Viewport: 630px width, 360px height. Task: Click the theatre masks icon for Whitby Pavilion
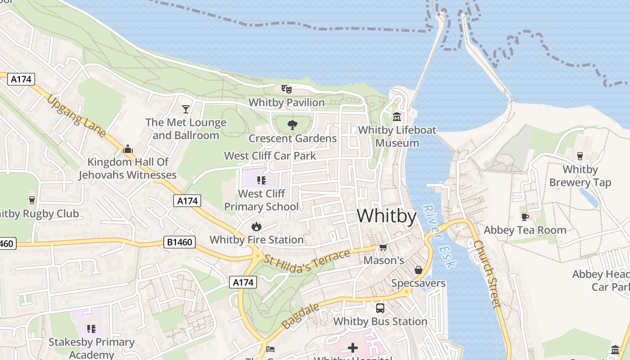coord(286,89)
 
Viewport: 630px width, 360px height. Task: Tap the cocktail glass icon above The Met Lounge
coord(185,109)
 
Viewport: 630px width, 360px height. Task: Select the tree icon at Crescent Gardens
coord(292,125)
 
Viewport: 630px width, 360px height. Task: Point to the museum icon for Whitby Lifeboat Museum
coord(397,117)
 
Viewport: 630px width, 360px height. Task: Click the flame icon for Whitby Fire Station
coord(256,226)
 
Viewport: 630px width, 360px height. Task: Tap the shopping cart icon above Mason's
coord(383,247)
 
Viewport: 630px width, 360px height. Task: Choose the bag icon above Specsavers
coord(418,270)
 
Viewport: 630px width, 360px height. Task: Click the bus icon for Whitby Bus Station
coord(380,308)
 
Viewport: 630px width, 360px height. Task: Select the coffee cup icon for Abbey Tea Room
coord(525,216)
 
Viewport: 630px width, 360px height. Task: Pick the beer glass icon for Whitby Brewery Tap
coord(580,156)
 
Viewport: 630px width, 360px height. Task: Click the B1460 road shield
coord(180,243)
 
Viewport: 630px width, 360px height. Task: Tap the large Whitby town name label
coord(387,216)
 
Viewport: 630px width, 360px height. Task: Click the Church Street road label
coord(487,274)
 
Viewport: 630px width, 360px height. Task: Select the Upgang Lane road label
coord(76,116)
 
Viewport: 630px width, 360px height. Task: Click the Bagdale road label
coord(301,315)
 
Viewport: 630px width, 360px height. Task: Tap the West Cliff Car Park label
coord(270,156)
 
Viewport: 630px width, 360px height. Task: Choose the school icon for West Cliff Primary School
coord(261,180)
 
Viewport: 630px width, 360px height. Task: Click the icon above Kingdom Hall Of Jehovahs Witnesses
coord(128,148)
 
